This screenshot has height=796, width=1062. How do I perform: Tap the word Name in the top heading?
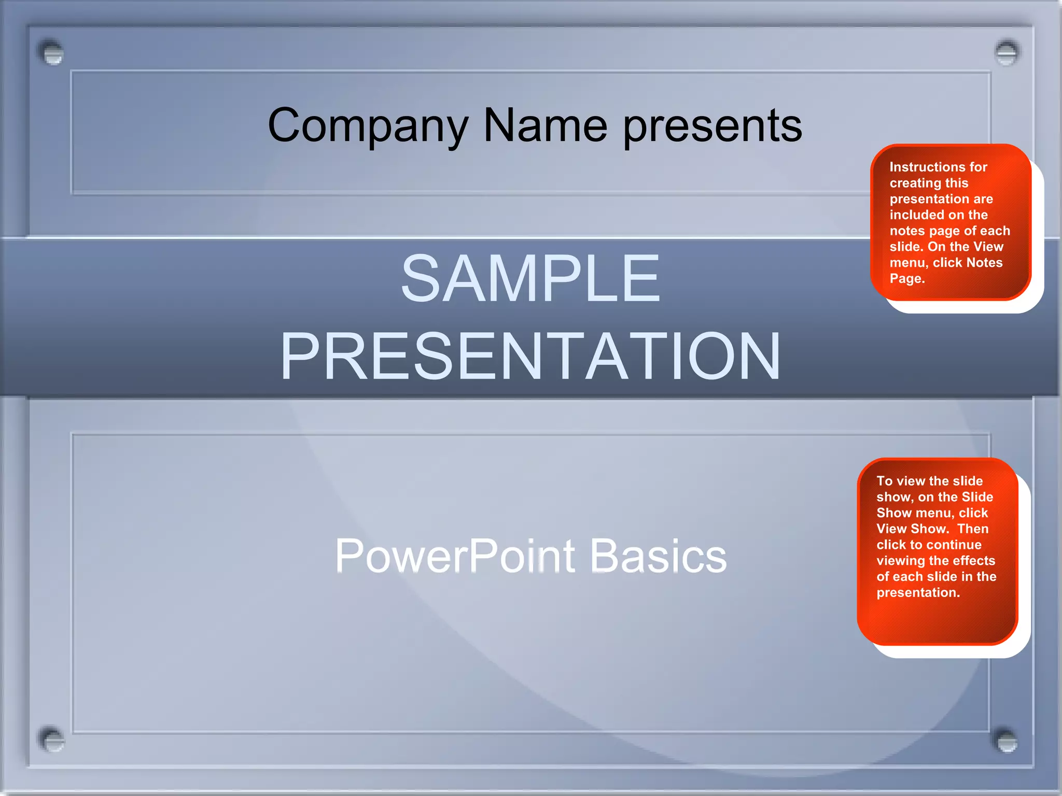pyautogui.click(x=545, y=125)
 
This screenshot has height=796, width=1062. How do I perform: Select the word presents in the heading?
pyautogui.click(x=712, y=126)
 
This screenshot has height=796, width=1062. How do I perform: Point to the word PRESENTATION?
pyautogui.click(x=530, y=357)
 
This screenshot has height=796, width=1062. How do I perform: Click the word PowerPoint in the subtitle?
pyautogui.click(x=455, y=556)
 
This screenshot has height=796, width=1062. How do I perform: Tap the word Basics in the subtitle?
pyautogui.click(x=658, y=556)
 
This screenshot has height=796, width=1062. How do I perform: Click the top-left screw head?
pyautogui.click(x=51, y=53)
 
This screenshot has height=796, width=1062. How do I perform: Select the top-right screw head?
pyautogui.click(x=1007, y=52)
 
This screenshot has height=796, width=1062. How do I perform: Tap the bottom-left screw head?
pyautogui.click(x=51, y=740)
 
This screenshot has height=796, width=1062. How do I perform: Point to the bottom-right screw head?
pyautogui.click(x=1007, y=741)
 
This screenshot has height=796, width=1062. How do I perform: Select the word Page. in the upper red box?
pyautogui.click(x=907, y=279)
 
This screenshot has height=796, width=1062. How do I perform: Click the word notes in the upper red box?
pyautogui.click(x=906, y=231)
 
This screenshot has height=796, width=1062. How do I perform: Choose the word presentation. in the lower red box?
pyautogui.click(x=918, y=592)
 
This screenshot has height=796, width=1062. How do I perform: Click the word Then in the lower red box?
pyautogui.click(x=973, y=529)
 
